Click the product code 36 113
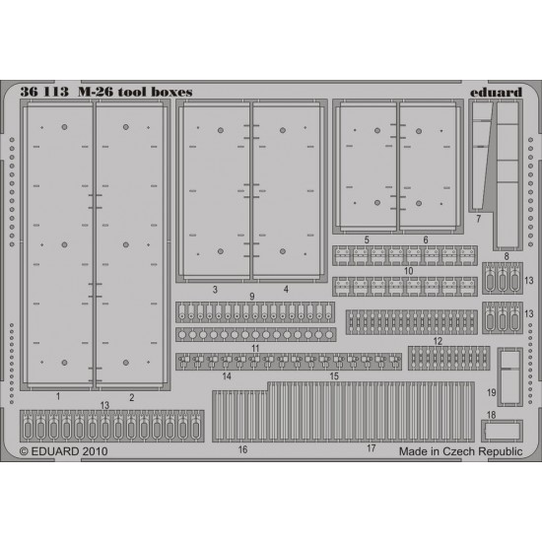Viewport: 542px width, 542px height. [44, 92]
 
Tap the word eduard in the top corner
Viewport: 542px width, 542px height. [496, 92]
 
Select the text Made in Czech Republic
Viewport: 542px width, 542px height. [460, 451]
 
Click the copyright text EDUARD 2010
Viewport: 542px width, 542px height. [64, 451]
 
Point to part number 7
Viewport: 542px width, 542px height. [478, 219]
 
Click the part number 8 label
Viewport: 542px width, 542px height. [507, 256]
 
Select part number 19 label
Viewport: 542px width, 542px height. [492, 392]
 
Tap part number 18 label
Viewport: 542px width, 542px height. [491, 415]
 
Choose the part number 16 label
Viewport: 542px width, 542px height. [242, 449]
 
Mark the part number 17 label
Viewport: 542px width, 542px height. [371, 448]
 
